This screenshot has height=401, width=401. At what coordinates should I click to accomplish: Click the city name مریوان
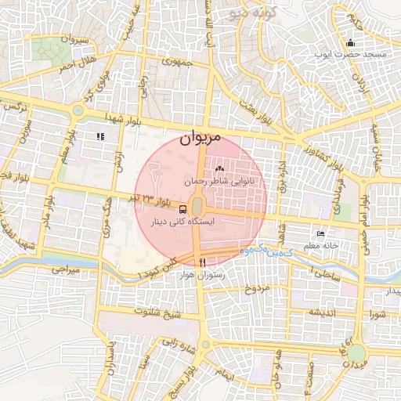[200, 138]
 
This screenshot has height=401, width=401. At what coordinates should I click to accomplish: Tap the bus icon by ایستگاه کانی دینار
[182, 209]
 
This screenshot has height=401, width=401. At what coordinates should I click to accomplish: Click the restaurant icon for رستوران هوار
[203, 262]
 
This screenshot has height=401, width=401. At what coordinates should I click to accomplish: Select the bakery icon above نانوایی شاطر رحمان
[219, 169]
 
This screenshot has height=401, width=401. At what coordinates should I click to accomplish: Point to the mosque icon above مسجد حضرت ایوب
[350, 43]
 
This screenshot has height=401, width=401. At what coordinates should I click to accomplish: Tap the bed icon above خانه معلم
[320, 234]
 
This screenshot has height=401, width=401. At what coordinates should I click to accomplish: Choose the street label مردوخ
[257, 288]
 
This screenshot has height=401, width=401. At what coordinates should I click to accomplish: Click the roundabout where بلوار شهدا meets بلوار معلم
[78, 110]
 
